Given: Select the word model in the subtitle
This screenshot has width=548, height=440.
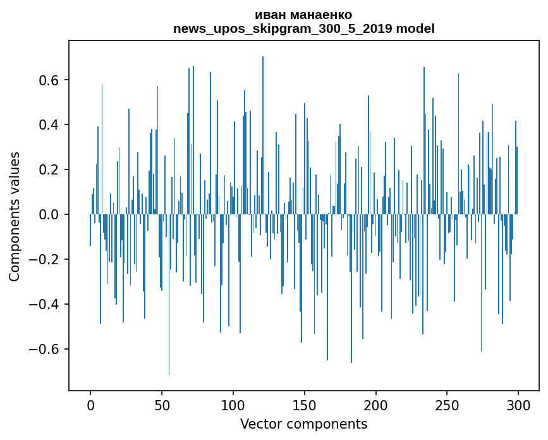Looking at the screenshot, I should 415,28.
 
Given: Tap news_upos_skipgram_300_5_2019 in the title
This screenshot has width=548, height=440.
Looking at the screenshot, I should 283,28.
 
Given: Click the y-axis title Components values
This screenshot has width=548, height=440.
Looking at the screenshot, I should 15,216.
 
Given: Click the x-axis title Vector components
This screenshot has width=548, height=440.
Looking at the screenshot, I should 303,424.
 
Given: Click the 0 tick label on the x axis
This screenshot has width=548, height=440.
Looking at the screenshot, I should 90,405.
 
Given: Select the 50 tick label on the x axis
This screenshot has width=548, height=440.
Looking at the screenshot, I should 162,405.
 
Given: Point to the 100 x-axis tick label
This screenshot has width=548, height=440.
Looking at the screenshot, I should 233,405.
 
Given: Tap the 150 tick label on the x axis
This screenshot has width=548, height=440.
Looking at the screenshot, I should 305,405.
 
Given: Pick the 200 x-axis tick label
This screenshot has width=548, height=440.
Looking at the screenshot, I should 376,405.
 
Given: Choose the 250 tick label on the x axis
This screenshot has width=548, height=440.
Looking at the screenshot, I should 447,405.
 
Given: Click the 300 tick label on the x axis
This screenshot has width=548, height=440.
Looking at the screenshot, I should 518,405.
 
